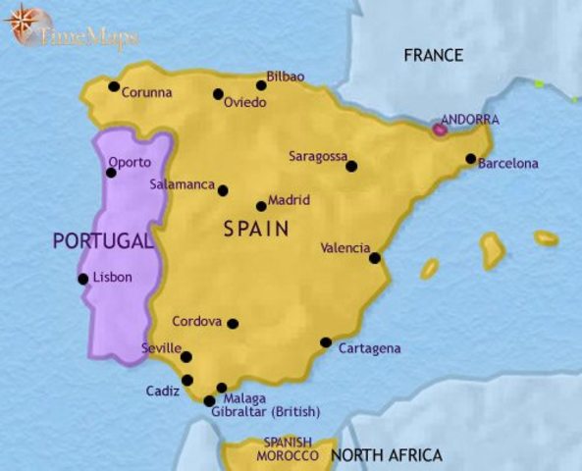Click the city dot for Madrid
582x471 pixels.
pyautogui.click(x=260, y=206)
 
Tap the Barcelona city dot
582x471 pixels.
pyautogui.click(x=471, y=159)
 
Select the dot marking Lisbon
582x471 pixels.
pyautogui.click(x=83, y=279)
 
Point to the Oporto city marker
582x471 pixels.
pyautogui.click(x=111, y=173)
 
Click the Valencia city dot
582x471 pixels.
pyautogui.click(x=375, y=258)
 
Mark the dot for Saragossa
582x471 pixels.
pyautogui.click(x=351, y=166)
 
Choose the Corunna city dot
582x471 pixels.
pyautogui.click(x=114, y=87)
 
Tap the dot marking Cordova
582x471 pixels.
pyautogui.click(x=233, y=323)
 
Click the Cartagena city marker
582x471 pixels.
pyautogui.click(x=326, y=342)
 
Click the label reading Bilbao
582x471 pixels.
pyautogui.click(x=286, y=77)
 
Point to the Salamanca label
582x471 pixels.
pyautogui.click(x=182, y=183)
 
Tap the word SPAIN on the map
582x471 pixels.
pyautogui.click(x=255, y=230)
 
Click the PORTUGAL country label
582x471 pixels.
pyautogui.click(x=103, y=241)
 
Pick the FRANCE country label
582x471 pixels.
pyautogui.click(x=433, y=55)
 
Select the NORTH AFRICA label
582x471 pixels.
pyautogui.click(x=386, y=455)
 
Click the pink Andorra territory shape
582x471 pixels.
pyautogui.click(x=441, y=128)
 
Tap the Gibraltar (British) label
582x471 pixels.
pyautogui.click(x=265, y=411)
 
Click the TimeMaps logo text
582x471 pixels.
pyautogui.click(x=88, y=38)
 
